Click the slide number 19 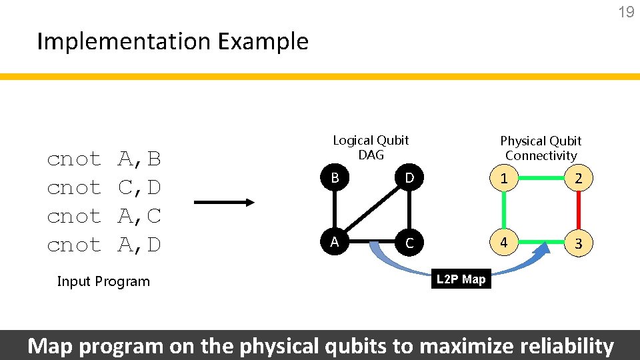pos(626,12)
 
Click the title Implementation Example pos(173,41)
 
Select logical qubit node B pos(335,179)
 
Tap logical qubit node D pos(409,179)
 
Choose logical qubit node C pos(409,243)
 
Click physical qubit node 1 pos(504,178)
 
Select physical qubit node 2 pos(579,178)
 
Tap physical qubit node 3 pos(579,243)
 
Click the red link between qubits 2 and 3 pos(579,211)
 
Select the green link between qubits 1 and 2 pos(541,178)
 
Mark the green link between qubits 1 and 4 pos(504,211)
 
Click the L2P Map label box pos(461,279)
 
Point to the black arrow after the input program pos(224,202)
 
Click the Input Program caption pos(103,281)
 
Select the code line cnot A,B pos(104,159)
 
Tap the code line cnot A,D pos(104,245)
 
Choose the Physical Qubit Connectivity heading pos(541,148)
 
